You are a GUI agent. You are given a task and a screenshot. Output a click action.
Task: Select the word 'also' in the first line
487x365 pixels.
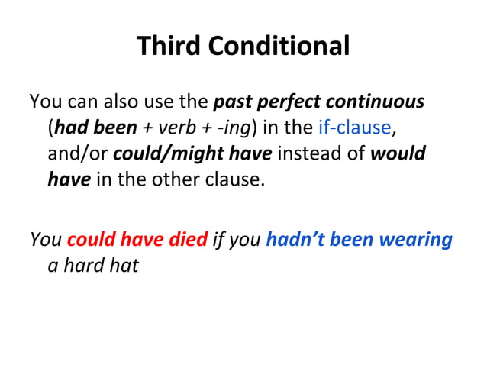[x=124, y=102]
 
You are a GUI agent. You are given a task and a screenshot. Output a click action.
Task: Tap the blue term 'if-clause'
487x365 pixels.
[x=353, y=128]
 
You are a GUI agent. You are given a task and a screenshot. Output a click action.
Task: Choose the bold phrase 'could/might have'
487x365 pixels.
[x=192, y=153]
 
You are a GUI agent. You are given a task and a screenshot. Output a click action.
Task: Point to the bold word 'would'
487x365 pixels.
[x=398, y=153]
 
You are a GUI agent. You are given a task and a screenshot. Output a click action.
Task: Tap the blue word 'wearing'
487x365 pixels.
[x=418, y=240]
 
